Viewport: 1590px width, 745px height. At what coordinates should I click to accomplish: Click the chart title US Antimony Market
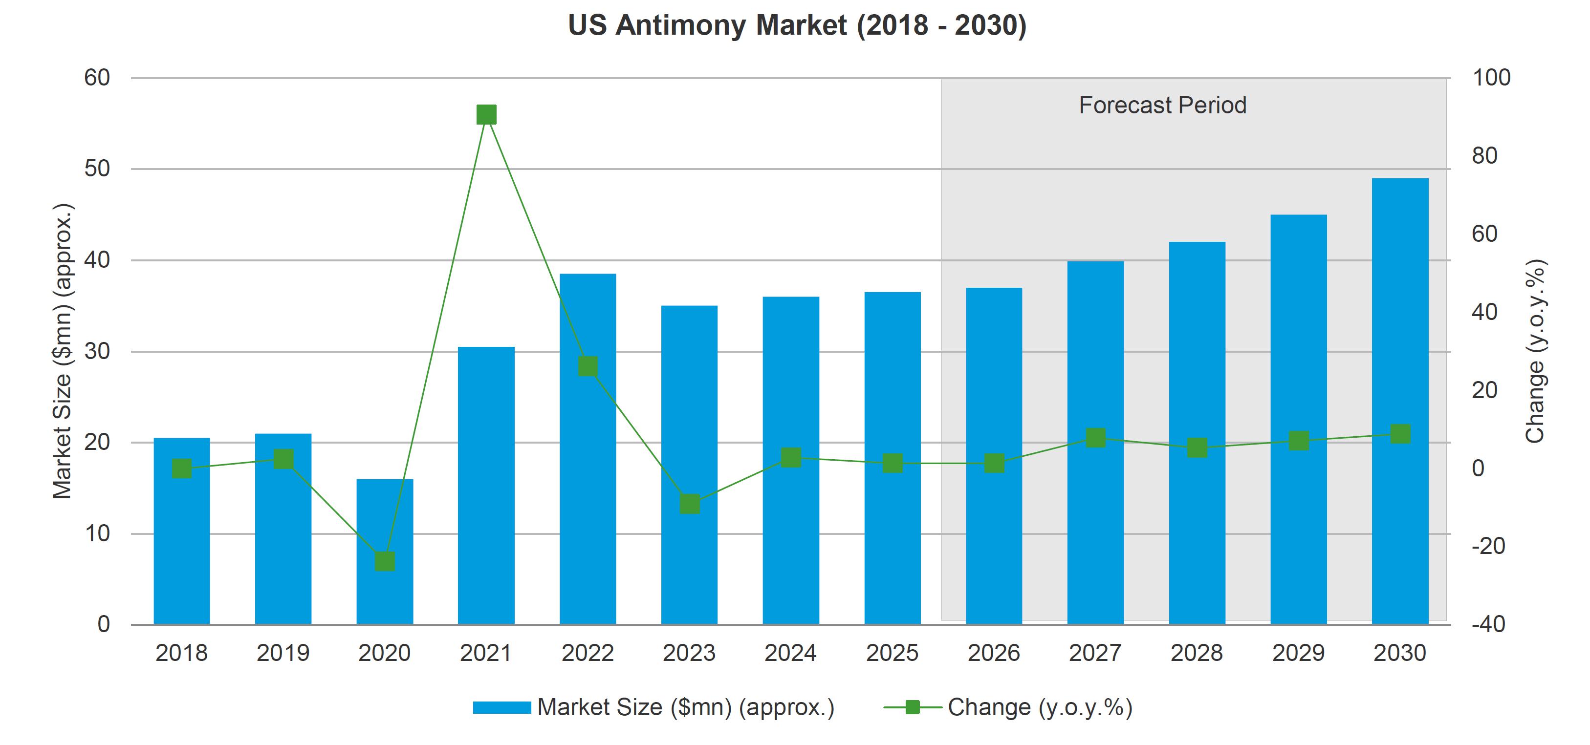click(x=797, y=26)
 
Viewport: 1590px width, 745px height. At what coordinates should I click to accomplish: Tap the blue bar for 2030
click(x=1400, y=401)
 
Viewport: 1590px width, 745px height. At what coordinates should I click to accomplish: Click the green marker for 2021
click(x=486, y=115)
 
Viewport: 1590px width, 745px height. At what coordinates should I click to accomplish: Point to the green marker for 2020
click(x=385, y=561)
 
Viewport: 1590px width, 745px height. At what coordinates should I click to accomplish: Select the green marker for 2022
click(x=588, y=366)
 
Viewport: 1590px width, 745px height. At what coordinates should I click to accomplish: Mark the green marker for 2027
click(x=1095, y=438)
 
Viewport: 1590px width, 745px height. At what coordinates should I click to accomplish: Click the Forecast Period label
click(x=1162, y=106)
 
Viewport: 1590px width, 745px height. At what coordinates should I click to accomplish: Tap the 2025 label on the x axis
click(x=892, y=653)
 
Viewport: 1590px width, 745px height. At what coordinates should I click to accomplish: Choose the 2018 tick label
click(x=181, y=653)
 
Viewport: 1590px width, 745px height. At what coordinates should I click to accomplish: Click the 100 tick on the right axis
click(x=1491, y=78)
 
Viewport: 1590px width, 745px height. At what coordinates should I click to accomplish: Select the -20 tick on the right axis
click(x=1487, y=546)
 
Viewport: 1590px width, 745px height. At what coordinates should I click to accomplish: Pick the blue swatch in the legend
click(x=502, y=707)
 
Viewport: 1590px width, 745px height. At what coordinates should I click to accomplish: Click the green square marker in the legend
click(x=912, y=707)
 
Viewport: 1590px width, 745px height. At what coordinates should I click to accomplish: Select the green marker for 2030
click(x=1400, y=433)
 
